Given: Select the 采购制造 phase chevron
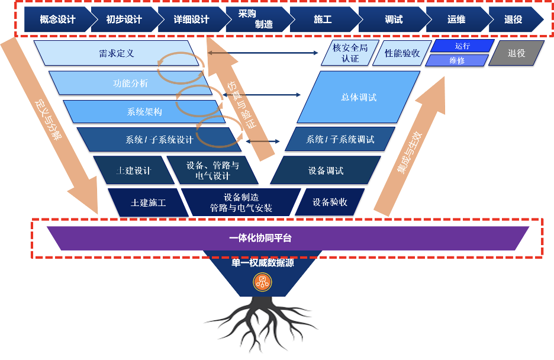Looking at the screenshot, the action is pyautogui.click(x=258, y=20).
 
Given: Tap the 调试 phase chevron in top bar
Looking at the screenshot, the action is pyautogui.click(x=394, y=20).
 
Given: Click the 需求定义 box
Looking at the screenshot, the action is pyautogui.click(x=117, y=53).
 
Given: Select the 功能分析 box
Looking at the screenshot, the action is pyautogui.click(x=130, y=83).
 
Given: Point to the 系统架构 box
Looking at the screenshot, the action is pyautogui.click(x=144, y=112).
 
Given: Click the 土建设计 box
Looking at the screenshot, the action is pyautogui.click(x=134, y=171).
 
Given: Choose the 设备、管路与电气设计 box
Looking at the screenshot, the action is pyautogui.click(x=212, y=171).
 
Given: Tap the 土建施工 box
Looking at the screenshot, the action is pyautogui.click(x=149, y=202).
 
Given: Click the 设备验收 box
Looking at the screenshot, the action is pyautogui.click(x=330, y=202).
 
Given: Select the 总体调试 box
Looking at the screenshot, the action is pyautogui.click(x=359, y=97).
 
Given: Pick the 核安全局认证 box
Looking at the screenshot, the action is pyautogui.click(x=350, y=53).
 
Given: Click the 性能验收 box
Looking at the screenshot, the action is pyautogui.click(x=402, y=53).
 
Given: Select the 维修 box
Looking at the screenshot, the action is pyautogui.click(x=457, y=60).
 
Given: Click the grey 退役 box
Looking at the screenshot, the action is pyautogui.click(x=517, y=53).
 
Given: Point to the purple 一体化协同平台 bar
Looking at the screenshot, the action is pyautogui.click(x=288, y=238).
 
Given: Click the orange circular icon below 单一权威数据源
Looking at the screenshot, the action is pyautogui.click(x=262, y=282).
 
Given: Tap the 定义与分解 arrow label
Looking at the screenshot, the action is pyautogui.click(x=48, y=120).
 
